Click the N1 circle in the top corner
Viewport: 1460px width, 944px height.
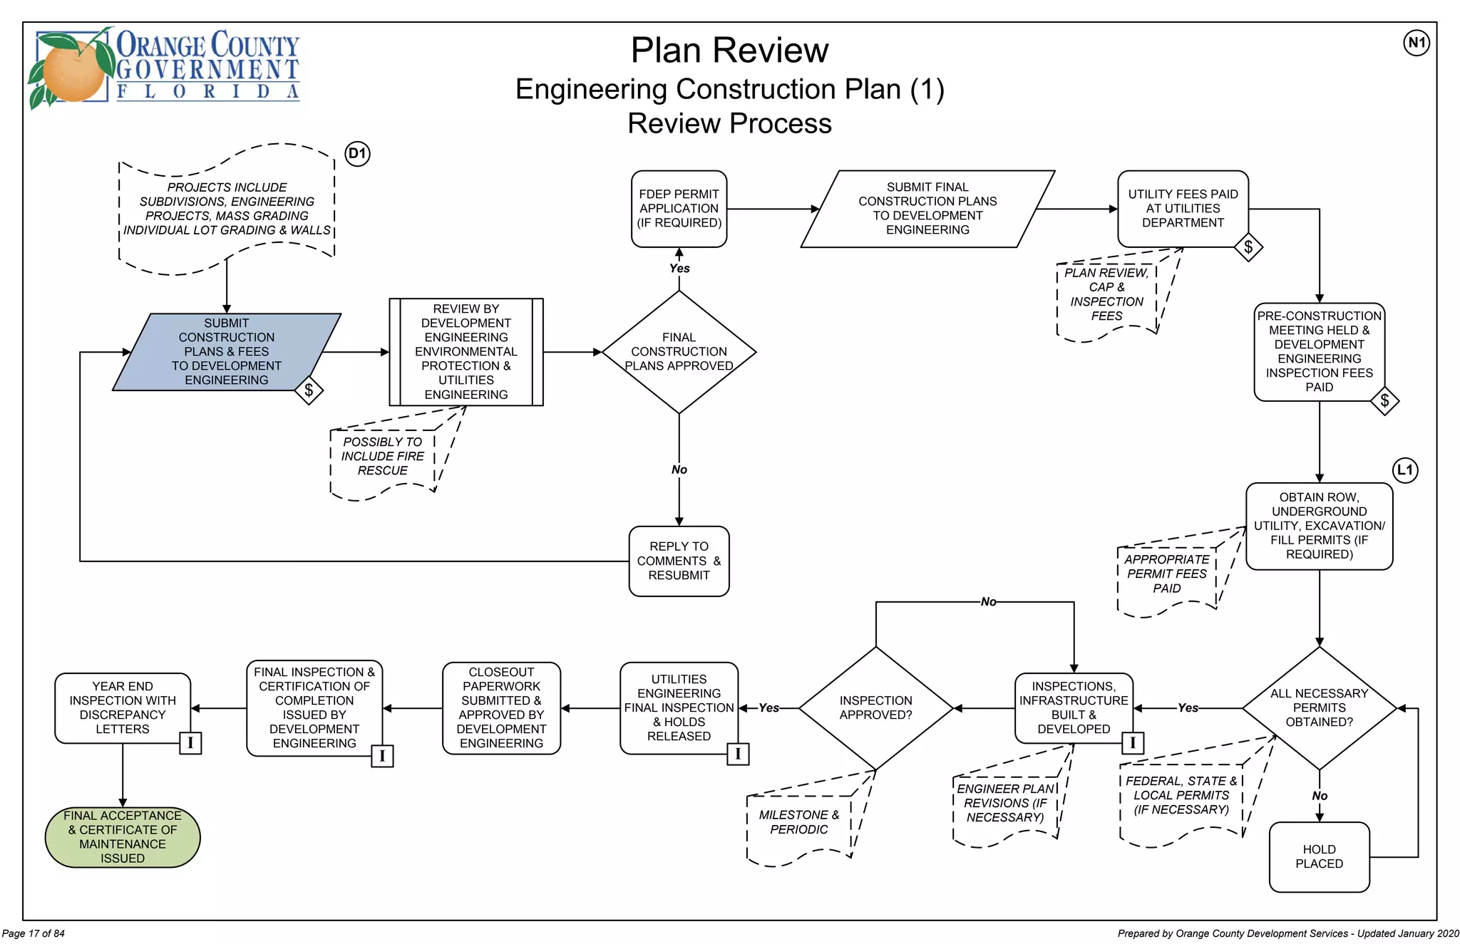click(1417, 43)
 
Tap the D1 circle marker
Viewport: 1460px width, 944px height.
click(357, 153)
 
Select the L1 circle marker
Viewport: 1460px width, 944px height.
click(1405, 470)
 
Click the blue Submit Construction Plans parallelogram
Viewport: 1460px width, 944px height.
click(226, 352)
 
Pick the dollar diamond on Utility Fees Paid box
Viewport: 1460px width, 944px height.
click(1248, 247)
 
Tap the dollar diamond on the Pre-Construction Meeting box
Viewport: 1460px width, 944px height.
click(1384, 400)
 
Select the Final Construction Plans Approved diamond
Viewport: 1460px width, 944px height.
click(679, 352)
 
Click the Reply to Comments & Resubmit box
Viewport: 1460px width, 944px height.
click(679, 561)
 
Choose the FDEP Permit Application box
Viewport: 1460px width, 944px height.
click(679, 209)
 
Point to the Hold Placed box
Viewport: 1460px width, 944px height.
click(1319, 856)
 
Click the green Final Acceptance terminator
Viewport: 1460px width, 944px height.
click(123, 837)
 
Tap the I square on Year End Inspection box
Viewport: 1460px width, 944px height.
click(190, 743)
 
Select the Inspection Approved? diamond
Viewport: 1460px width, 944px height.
click(875, 708)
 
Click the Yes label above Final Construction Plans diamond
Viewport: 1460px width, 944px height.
click(679, 269)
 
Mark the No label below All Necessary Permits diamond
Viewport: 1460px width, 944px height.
click(1320, 796)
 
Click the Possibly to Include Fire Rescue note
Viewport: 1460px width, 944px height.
click(383, 457)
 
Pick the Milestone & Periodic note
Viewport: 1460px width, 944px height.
click(798, 822)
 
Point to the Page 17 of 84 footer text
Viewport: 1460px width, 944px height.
click(34, 933)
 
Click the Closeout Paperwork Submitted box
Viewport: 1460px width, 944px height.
click(501, 708)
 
